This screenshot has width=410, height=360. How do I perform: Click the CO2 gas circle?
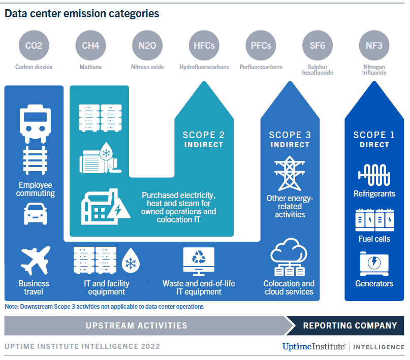[34, 46]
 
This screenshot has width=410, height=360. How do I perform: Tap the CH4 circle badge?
[90, 46]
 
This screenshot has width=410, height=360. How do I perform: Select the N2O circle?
[147, 46]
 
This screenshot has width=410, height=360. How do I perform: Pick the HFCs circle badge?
[204, 46]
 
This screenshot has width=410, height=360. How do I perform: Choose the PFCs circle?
[261, 46]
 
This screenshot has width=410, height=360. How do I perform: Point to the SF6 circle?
[318, 46]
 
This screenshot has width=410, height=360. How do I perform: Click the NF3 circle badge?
[374, 46]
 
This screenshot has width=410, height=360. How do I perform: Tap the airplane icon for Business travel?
[35, 260]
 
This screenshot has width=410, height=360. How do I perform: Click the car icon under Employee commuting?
[35, 214]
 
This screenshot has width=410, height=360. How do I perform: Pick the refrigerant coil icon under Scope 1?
[374, 175]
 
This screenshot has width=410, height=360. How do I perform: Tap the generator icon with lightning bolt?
[374, 263]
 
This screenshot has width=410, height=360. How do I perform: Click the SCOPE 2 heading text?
[203, 135]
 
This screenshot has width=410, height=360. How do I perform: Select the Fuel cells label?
[374, 239]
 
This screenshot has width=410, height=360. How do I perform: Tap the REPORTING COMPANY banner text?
[350, 325]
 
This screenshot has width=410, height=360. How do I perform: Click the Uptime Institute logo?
[314, 347]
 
